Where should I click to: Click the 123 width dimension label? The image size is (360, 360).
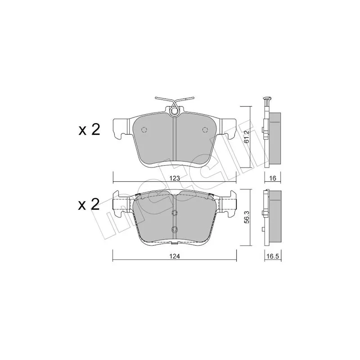coord(175,178)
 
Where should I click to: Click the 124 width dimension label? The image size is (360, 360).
coord(175,256)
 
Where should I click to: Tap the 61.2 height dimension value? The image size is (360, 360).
coord(246,137)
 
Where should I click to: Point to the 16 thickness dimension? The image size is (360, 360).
coord(273,178)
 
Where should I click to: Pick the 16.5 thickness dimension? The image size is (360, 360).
coord(273,256)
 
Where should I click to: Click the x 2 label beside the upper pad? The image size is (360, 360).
coord(89,130)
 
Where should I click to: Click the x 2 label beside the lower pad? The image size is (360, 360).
coord(89,205)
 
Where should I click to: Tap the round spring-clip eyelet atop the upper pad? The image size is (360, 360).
coord(174,111)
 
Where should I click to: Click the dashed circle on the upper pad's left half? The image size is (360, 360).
coord(144,130)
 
